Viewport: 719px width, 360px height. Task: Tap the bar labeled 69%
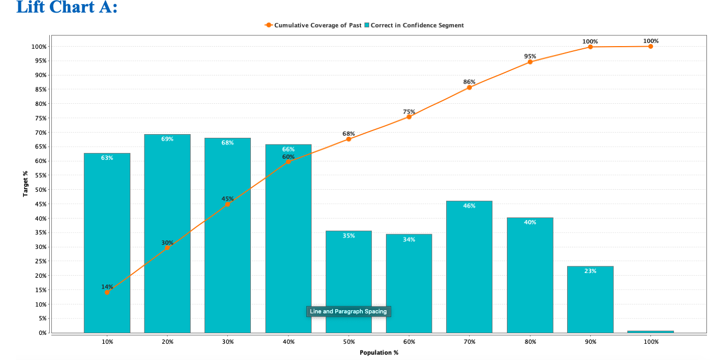pyautogui.click(x=167, y=236)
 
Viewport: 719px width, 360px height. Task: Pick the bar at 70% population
pyautogui.click(x=469, y=267)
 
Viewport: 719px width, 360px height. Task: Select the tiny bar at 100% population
pyautogui.click(x=650, y=331)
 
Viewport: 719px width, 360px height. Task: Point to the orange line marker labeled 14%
pyautogui.click(x=107, y=292)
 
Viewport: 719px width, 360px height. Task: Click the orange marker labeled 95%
pyautogui.click(x=530, y=62)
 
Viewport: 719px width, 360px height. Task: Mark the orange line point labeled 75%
pyautogui.click(x=409, y=117)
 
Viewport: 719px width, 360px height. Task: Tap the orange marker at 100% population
pyautogui.click(x=650, y=47)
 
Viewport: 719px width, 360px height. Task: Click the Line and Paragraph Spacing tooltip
pyautogui.click(x=348, y=311)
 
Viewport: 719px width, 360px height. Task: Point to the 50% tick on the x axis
pyautogui.click(x=348, y=342)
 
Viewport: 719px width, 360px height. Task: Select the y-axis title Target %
pyautogui.click(x=25, y=184)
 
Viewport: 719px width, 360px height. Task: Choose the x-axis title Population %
pyautogui.click(x=379, y=353)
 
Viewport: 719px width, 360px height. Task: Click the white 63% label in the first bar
pyautogui.click(x=107, y=158)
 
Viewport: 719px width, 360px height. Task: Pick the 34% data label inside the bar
pyautogui.click(x=409, y=239)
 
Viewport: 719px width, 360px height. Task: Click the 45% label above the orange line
pyautogui.click(x=227, y=199)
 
